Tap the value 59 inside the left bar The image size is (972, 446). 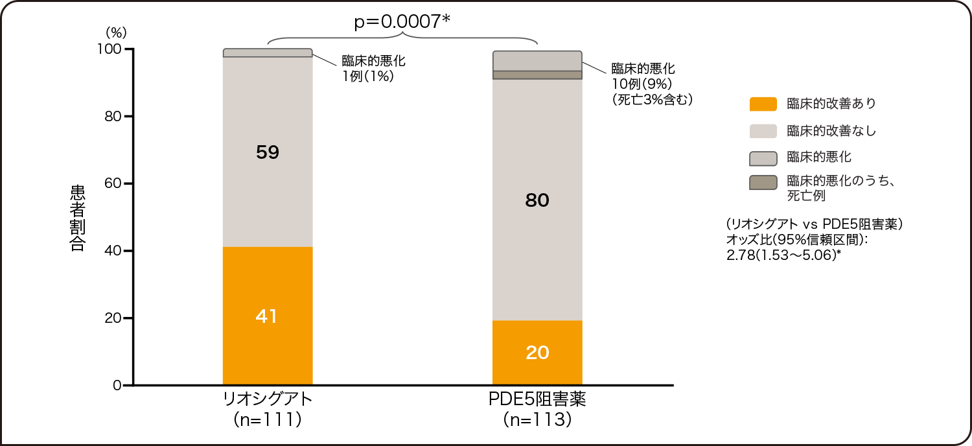[267, 152]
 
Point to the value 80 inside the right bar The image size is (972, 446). [537, 201]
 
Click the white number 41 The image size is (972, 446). [267, 316]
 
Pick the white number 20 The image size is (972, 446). [537, 353]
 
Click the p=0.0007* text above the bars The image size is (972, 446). [402, 22]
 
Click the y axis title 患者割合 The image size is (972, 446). [77, 218]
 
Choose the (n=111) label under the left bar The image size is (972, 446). [267, 420]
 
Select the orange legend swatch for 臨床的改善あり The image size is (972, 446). [763, 104]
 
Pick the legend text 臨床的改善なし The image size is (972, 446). [831, 131]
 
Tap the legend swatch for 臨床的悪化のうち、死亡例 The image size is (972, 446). [763, 183]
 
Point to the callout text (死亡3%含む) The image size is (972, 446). [648, 100]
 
